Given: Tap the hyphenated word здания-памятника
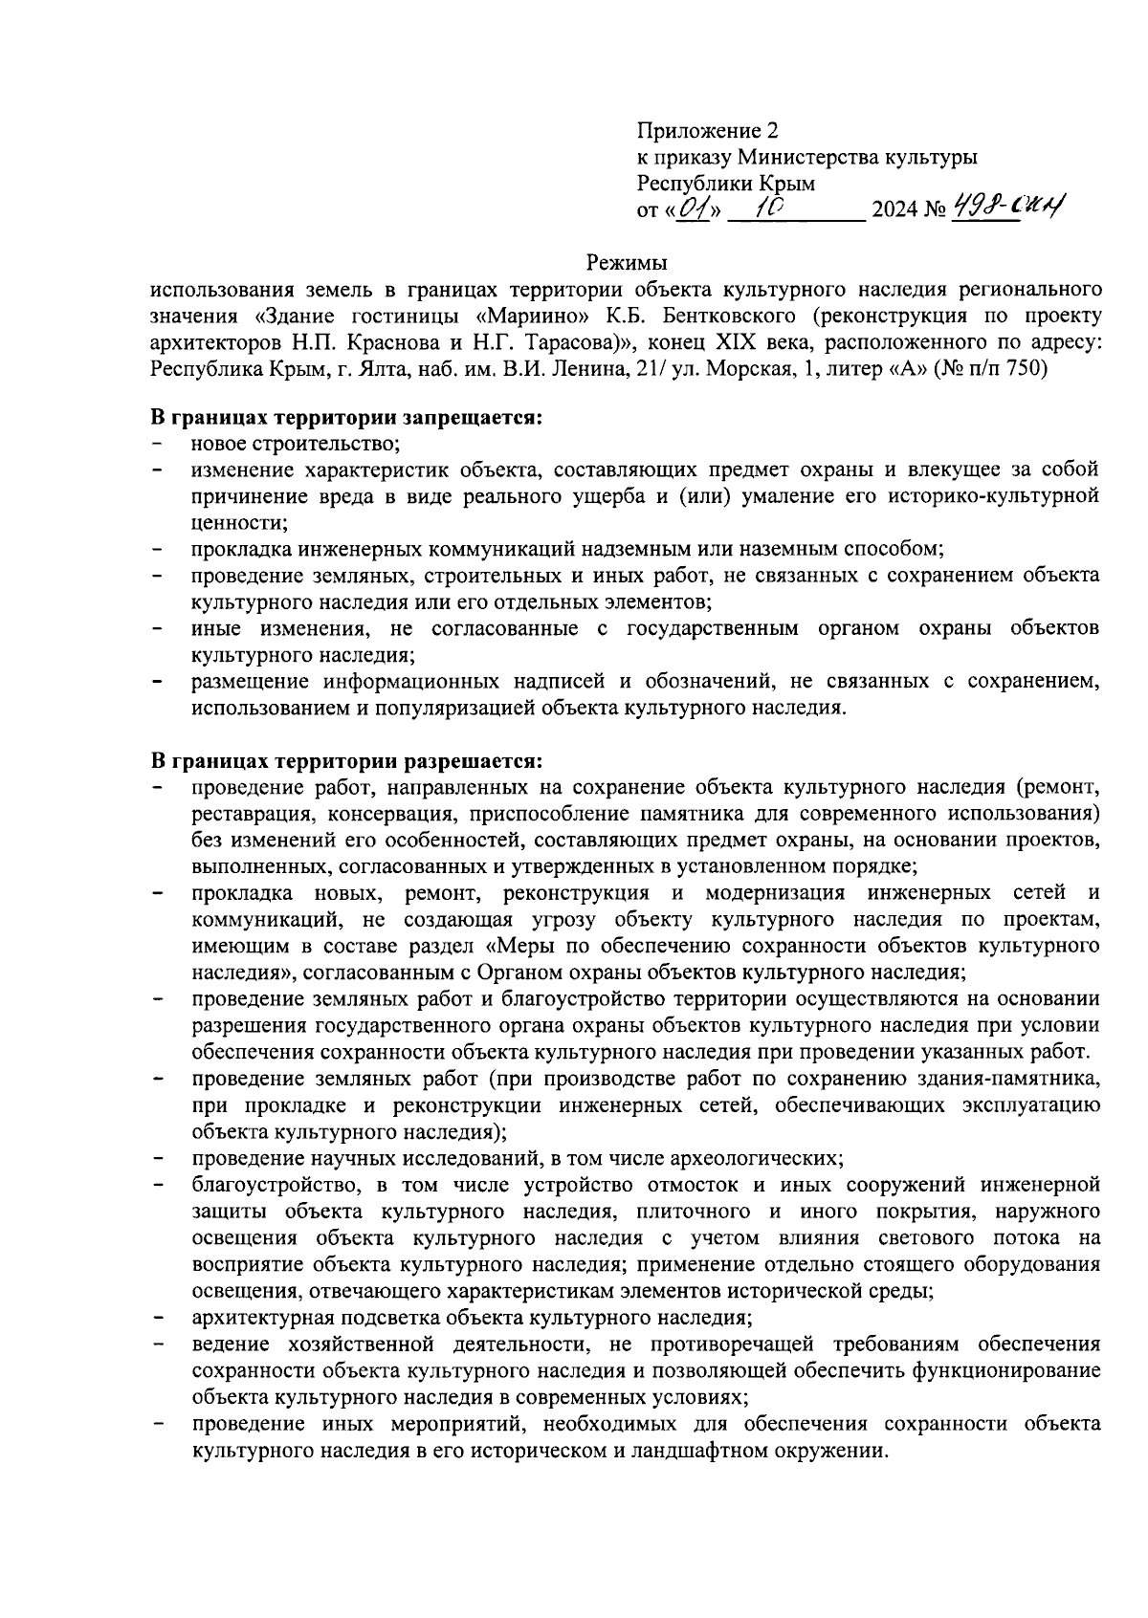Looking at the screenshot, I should (x=1004, y=1080).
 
